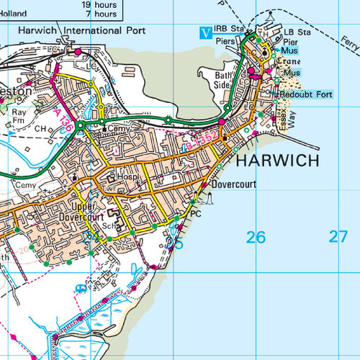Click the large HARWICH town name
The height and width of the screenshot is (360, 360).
(x=276, y=161)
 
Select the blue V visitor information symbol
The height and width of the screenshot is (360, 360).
(x=206, y=31)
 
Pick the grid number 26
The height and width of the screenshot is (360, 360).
(x=256, y=237)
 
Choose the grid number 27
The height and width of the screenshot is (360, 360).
(x=338, y=236)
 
